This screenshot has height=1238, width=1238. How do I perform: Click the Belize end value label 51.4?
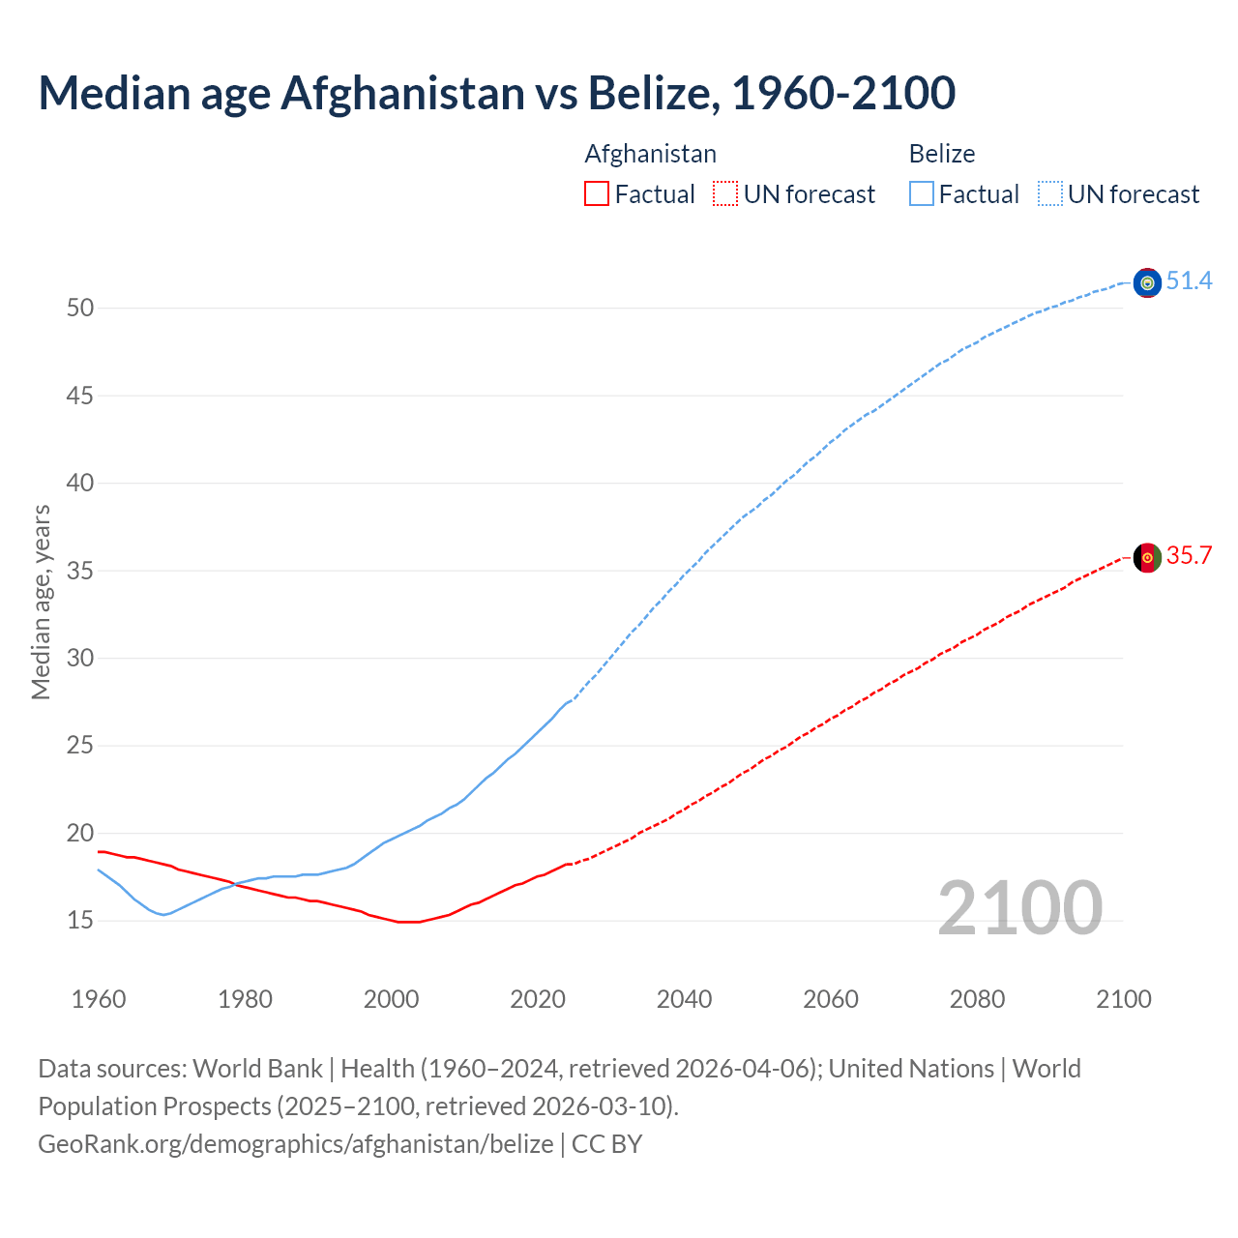pyautogui.click(x=1189, y=281)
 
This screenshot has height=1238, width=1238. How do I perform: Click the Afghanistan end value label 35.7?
pyautogui.click(x=1189, y=556)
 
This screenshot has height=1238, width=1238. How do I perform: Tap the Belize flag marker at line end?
pyautogui.click(x=1147, y=282)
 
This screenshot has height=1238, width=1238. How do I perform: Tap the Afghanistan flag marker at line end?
pyautogui.click(x=1147, y=558)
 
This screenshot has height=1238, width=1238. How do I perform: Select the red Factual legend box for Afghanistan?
pyautogui.click(x=597, y=194)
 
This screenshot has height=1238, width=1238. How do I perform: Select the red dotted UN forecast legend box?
pyautogui.click(x=725, y=194)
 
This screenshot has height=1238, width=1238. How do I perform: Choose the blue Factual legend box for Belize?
pyautogui.click(x=921, y=194)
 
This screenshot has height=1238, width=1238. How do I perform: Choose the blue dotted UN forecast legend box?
pyautogui.click(x=1049, y=194)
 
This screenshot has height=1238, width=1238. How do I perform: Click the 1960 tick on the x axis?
pyautogui.click(x=99, y=999)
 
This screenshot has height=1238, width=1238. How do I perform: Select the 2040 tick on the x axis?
pyautogui.click(x=684, y=999)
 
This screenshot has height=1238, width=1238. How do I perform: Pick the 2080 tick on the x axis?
pyautogui.click(x=977, y=999)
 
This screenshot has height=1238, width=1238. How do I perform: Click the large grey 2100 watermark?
pyautogui.click(x=1019, y=907)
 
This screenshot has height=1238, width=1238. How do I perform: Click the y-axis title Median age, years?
pyautogui.click(x=41, y=602)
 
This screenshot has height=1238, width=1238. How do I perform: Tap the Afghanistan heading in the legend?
pyautogui.click(x=650, y=154)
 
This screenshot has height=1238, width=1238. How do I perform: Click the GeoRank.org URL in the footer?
pyautogui.click(x=296, y=1144)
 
